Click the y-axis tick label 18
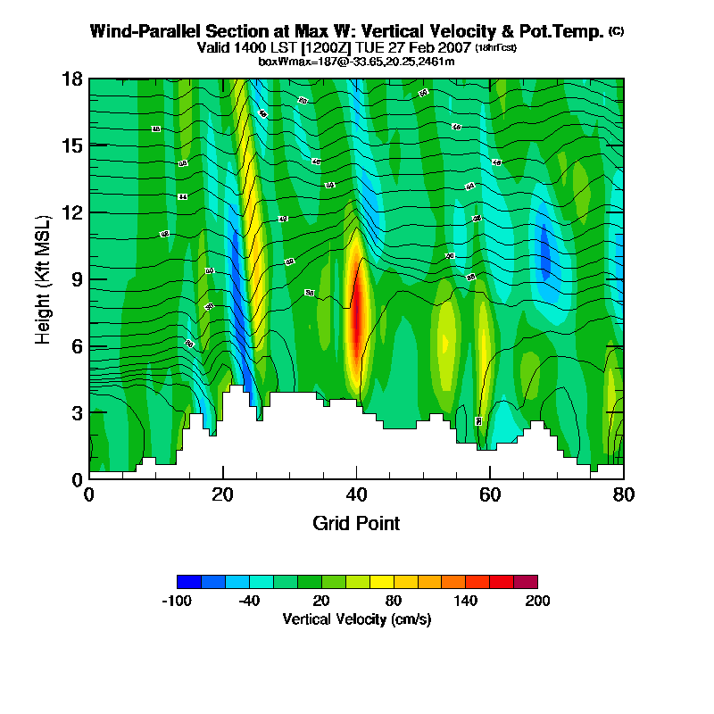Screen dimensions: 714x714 [71, 79]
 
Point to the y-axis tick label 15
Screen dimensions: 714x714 [71, 145]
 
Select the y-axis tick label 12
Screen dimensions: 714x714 [71, 212]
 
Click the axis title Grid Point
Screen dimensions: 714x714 [356, 523]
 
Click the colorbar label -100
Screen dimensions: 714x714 [177, 601]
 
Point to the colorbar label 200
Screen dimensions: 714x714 [537, 601]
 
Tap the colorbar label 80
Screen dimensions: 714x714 [394, 601]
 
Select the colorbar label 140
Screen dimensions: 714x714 [465, 601]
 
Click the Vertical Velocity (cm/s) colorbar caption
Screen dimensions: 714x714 [356, 619]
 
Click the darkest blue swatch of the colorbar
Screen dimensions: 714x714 [189, 581]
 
